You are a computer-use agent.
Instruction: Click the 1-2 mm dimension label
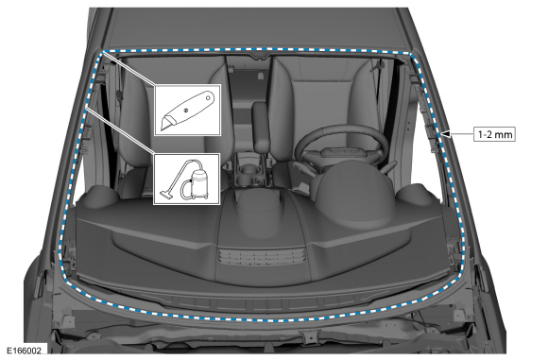coord(494,134)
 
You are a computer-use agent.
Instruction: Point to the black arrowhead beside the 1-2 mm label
coord(446,134)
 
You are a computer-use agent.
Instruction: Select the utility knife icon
coord(187,111)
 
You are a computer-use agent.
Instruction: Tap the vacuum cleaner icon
coord(186,180)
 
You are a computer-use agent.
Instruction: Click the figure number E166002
coord(24,351)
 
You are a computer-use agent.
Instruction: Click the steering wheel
coord(342,149)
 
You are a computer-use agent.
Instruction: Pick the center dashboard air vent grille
coord(262,257)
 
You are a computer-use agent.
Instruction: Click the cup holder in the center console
coord(248,170)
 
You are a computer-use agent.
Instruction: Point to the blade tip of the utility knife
coord(162,129)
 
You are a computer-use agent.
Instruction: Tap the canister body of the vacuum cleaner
coord(200,180)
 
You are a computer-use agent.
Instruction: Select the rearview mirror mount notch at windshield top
coord(261,56)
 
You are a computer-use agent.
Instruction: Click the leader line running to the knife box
coord(129,69)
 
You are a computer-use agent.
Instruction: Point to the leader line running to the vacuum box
coord(120,129)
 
